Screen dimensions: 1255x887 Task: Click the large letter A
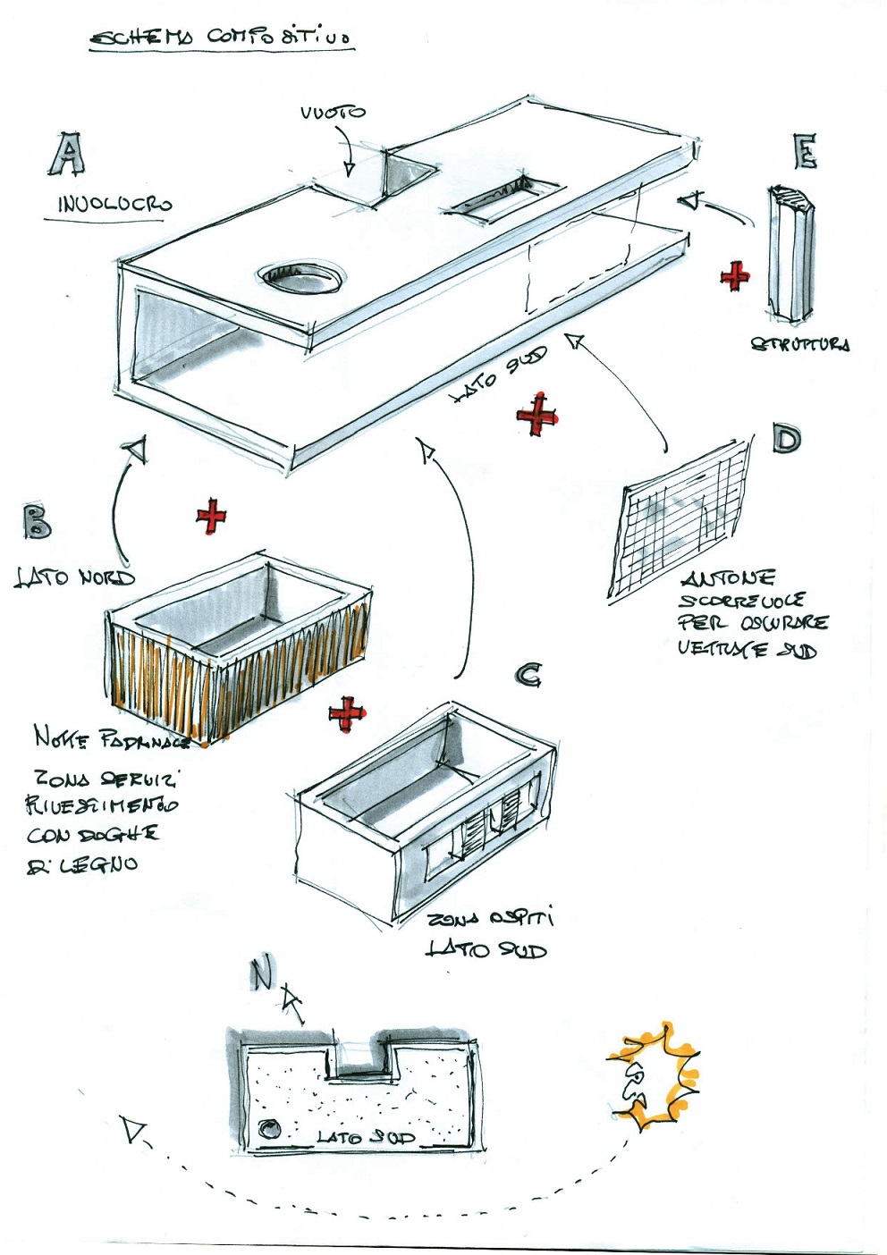(x=67, y=154)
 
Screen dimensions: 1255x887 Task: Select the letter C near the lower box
(x=528, y=675)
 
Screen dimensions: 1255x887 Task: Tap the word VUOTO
(x=333, y=113)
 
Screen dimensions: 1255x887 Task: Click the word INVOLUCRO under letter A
(x=114, y=205)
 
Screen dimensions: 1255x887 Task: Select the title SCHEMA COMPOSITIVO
(x=221, y=37)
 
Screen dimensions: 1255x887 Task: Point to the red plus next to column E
(x=735, y=276)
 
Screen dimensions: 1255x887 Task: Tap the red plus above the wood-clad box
(x=212, y=516)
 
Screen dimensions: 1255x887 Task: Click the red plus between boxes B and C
(x=347, y=714)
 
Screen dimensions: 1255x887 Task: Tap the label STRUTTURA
(x=799, y=344)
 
